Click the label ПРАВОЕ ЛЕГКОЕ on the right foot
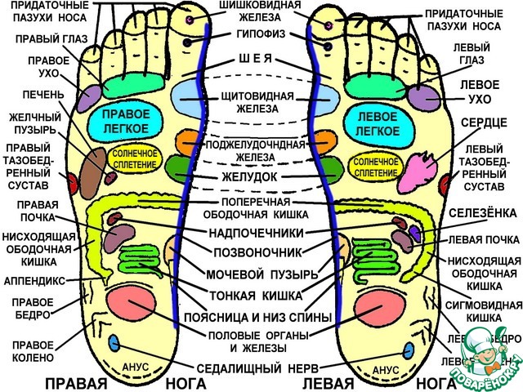[x=126, y=121]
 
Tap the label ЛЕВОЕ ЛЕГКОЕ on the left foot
[x=378, y=122]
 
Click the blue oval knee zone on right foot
[x=114, y=342]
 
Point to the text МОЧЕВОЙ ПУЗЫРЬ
[x=257, y=274]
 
